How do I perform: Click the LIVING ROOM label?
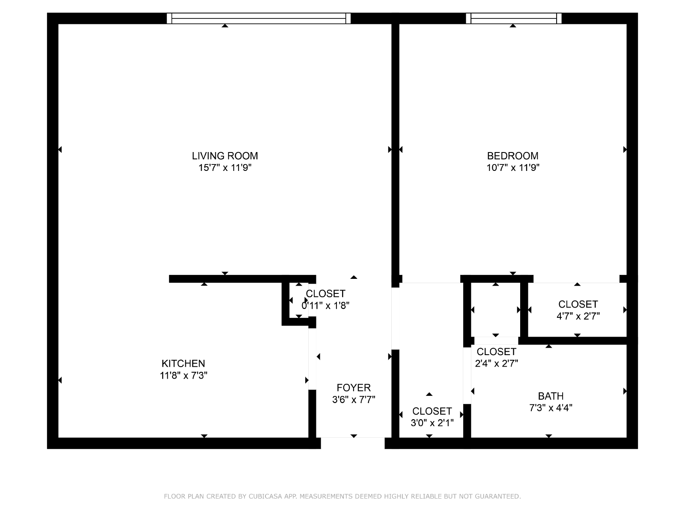click(225, 156)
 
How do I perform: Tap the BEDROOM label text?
click(512, 156)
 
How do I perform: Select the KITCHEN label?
click(183, 363)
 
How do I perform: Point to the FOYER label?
click(354, 388)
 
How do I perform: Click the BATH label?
click(551, 396)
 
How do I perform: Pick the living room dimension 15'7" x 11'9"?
click(225, 167)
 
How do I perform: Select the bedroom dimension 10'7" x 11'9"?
click(513, 167)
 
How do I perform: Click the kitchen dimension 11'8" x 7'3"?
click(184, 375)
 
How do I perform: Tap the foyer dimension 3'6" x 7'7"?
click(354, 400)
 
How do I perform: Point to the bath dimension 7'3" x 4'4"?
click(551, 408)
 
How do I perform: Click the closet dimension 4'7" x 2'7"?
click(578, 316)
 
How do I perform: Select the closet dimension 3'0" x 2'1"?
click(432, 423)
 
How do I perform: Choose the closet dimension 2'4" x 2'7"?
click(496, 363)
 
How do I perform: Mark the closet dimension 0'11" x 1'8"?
click(325, 305)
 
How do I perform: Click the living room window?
click(259, 18)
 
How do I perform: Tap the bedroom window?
click(514, 18)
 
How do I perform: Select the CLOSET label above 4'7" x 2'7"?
click(578, 304)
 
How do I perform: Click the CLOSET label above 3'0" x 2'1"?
click(432, 411)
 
